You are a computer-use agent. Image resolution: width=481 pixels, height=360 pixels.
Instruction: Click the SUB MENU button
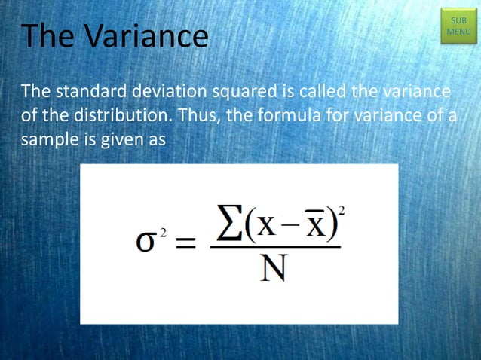point(458,26)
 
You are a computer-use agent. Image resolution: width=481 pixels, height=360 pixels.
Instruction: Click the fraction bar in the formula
point(274,246)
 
